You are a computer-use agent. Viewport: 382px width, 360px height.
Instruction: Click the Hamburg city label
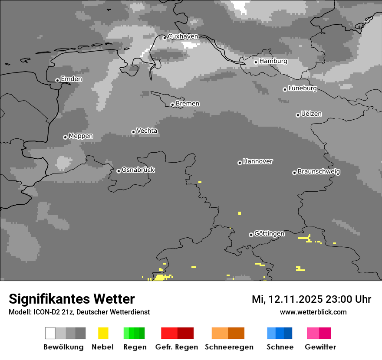point(273,61)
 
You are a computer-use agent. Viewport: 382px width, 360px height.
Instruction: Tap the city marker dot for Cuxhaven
point(165,38)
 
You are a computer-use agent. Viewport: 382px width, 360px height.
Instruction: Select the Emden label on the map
point(71,79)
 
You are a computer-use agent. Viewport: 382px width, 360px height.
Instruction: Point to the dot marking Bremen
point(172,105)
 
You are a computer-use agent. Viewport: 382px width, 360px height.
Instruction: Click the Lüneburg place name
point(303,88)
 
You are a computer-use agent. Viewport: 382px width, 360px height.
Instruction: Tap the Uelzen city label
point(311,114)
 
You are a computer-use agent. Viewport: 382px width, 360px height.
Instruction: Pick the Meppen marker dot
point(65,137)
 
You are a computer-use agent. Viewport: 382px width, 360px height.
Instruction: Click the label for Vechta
point(147,131)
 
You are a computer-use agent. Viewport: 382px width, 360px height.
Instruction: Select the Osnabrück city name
point(138,170)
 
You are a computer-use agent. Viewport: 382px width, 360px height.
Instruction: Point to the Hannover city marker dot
point(240,163)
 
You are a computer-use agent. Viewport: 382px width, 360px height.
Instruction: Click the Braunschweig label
point(319,172)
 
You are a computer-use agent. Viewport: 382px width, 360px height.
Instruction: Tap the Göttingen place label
point(269,234)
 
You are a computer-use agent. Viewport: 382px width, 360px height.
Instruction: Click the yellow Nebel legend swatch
point(103,333)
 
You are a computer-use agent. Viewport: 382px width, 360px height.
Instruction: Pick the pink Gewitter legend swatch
point(313,333)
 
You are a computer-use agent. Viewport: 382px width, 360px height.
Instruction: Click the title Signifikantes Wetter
point(72,299)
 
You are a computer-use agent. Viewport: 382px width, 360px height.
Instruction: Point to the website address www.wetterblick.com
point(313,312)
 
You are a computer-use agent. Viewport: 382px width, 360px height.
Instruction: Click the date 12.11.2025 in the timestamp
point(294,299)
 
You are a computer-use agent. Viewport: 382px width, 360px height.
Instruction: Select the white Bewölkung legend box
point(50,333)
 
